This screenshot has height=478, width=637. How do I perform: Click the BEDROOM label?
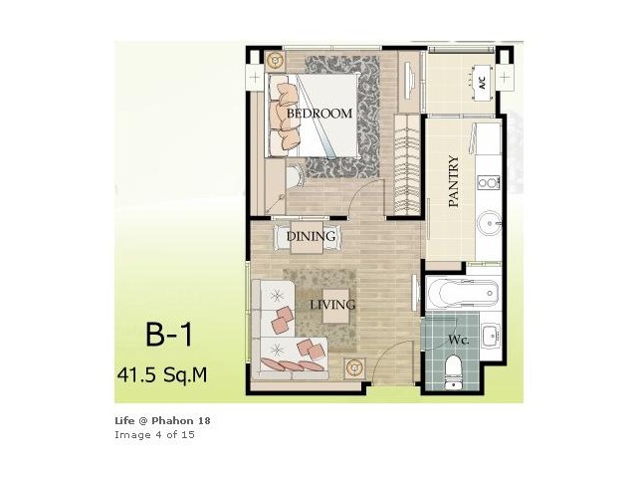(319, 113)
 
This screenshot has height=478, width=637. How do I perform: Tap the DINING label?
(312, 236)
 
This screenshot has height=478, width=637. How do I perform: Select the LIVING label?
(332, 305)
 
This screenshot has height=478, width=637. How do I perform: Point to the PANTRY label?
(454, 181)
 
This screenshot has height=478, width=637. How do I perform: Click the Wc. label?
(459, 340)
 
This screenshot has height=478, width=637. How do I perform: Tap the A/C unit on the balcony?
(482, 84)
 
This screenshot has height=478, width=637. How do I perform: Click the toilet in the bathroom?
(452, 371)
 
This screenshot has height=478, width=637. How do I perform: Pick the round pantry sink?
(489, 223)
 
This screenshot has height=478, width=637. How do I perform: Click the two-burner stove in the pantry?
(489, 181)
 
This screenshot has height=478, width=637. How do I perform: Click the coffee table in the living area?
(336, 306)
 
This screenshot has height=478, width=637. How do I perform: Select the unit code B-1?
(168, 335)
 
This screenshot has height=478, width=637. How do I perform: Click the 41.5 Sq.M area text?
(162, 374)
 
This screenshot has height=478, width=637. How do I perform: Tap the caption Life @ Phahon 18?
(162, 420)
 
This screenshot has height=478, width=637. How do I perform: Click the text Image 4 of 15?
(155, 435)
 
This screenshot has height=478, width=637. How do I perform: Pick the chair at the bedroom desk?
(295, 177)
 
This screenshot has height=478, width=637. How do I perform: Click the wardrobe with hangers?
(407, 164)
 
